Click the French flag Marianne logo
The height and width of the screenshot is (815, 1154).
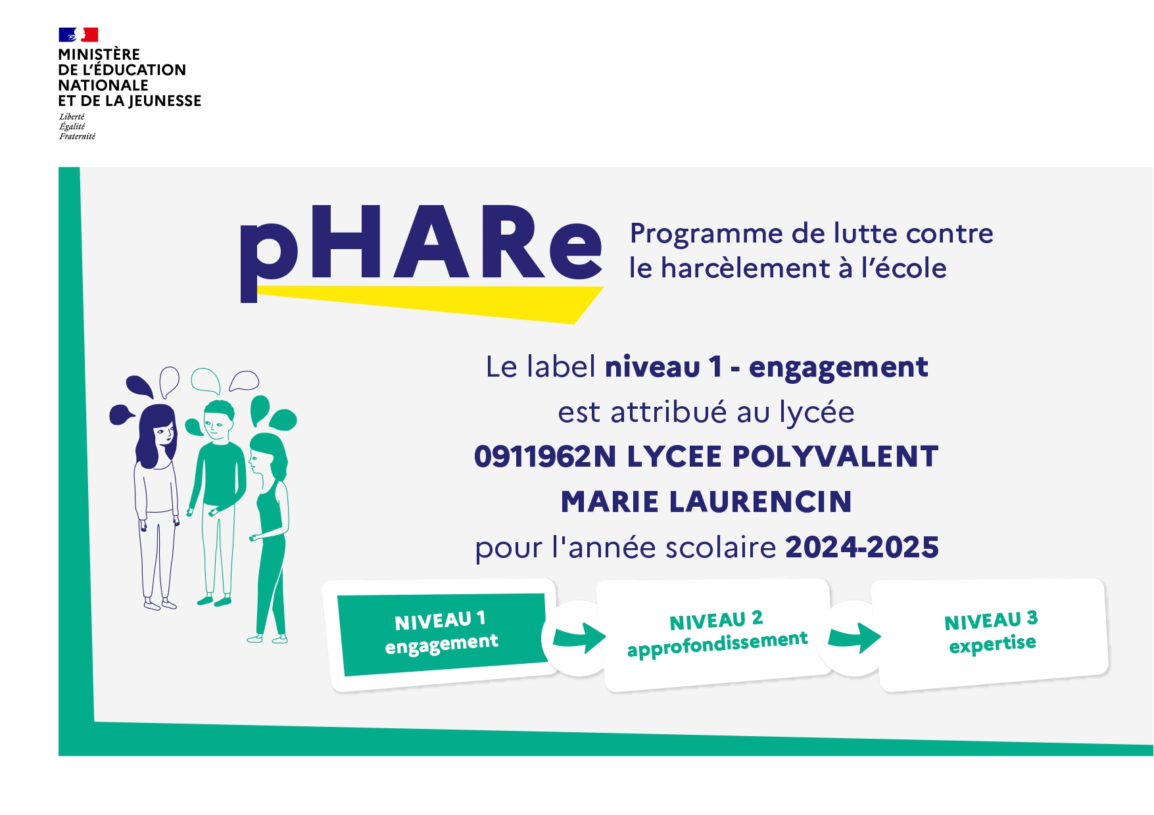pyautogui.click(x=78, y=35)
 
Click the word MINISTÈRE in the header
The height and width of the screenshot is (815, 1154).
pyautogui.click(x=99, y=55)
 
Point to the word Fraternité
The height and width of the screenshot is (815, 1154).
pyautogui.click(x=77, y=137)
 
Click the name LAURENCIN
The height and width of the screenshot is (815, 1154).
pyautogui.click(x=761, y=501)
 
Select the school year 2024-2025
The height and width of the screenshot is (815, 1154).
pyautogui.click(x=862, y=547)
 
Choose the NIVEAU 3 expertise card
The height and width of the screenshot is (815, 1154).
pyautogui.click(x=990, y=635)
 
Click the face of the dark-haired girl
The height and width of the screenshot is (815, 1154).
pyautogui.click(x=164, y=434)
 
